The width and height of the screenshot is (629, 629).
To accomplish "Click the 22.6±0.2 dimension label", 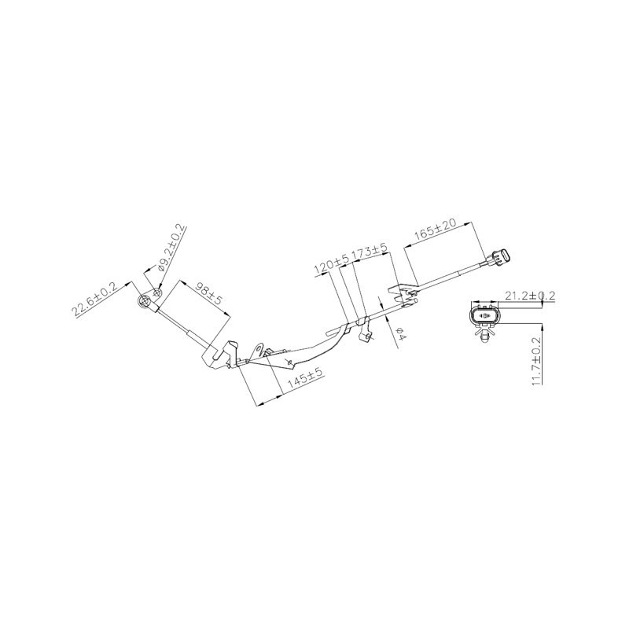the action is tap(94, 300).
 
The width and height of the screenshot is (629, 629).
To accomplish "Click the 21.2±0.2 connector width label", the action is tap(529, 296).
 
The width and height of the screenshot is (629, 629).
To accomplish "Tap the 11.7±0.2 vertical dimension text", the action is tap(536, 362).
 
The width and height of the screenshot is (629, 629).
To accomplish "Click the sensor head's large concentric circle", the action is tap(145, 301).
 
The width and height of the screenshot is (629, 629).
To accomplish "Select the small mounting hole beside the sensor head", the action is tap(158, 292).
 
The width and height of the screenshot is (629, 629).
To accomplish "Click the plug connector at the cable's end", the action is tap(499, 257).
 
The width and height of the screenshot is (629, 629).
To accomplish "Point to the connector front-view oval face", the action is tap(484, 316).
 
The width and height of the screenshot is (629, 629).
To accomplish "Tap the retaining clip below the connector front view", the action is tap(485, 333).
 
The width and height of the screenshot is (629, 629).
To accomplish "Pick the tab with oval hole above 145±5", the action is tap(257, 350).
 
